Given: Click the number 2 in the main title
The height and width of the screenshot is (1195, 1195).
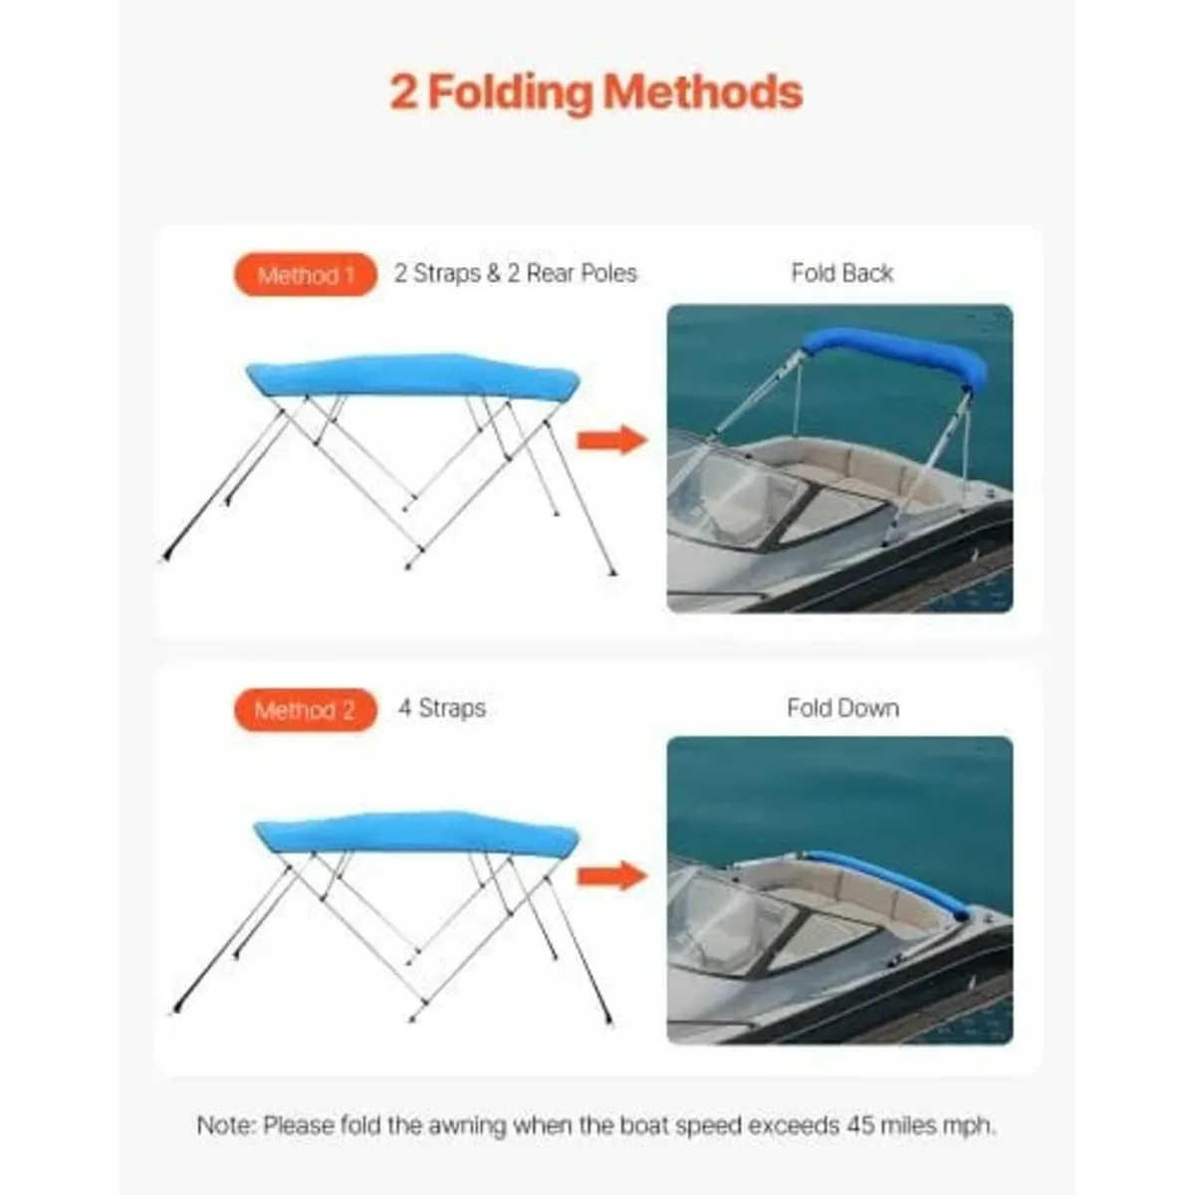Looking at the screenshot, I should click(403, 92).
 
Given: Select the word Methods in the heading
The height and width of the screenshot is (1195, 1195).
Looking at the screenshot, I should click(703, 92).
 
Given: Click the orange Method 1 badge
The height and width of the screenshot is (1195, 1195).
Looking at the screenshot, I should click(306, 275).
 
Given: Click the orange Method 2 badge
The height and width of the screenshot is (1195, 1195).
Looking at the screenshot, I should click(306, 710).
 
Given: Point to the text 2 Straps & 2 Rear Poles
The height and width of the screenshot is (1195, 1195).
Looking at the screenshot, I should click(515, 274).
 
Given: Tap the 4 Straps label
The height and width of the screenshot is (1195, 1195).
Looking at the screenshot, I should click(442, 708).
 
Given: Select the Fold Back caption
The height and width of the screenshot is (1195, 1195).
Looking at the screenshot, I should click(841, 273).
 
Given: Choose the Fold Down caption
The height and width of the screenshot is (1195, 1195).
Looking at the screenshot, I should click(842, 708).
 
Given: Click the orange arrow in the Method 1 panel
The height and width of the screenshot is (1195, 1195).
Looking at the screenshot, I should click(611, 439).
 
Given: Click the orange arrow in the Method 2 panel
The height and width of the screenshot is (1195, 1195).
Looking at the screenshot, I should click(611, 875).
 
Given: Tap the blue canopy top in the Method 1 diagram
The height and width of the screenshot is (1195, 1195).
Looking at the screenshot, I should click(413, 375).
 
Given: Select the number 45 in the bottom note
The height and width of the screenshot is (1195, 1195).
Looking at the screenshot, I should click(861, 1126).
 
